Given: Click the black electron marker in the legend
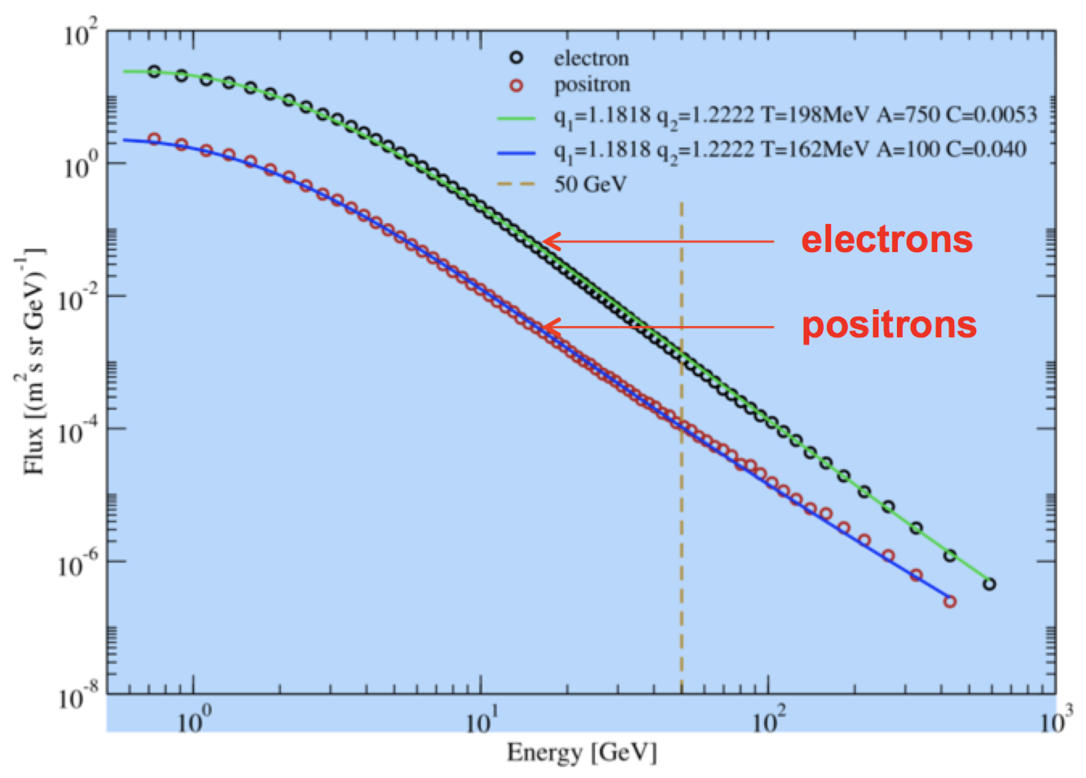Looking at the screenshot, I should [516, 58].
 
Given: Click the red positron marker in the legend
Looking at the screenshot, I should [516, 86].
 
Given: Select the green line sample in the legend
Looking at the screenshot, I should [516, 118].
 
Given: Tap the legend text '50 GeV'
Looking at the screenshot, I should [590, 184].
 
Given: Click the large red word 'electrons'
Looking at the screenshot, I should [887, 240].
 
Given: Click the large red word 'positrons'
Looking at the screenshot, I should [889, 326].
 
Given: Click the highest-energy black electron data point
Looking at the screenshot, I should [990, 584].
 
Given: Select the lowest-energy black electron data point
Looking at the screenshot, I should [154, 72].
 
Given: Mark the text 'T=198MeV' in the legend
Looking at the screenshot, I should [814, 115].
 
